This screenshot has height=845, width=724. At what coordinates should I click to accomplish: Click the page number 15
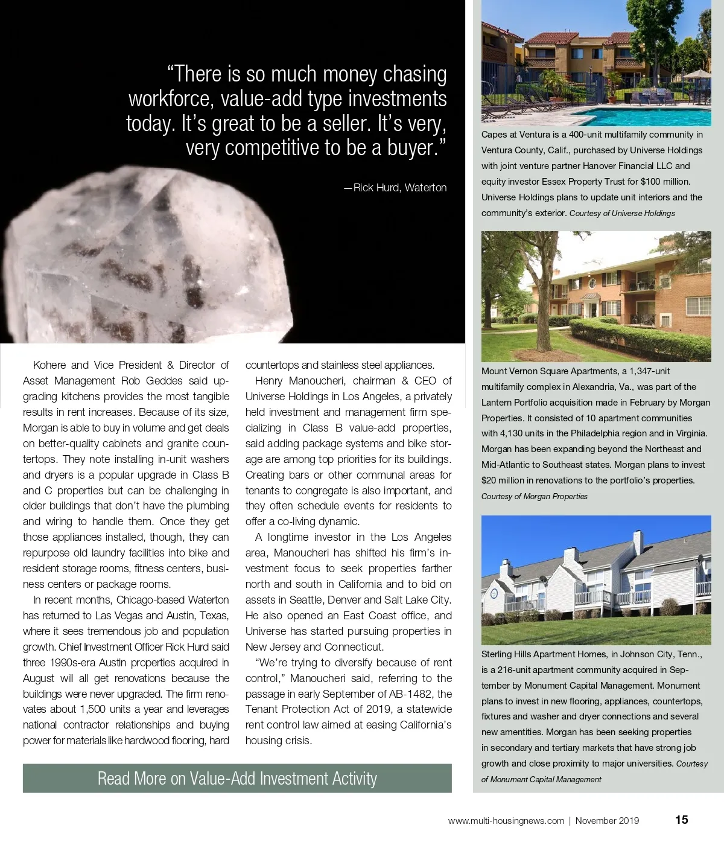681,820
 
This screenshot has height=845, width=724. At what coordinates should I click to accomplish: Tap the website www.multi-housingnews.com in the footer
506,821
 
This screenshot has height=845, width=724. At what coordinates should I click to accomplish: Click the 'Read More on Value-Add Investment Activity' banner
237,779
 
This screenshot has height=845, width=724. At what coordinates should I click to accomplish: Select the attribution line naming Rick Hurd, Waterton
396,188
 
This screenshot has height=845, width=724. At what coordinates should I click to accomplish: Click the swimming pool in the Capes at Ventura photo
634,114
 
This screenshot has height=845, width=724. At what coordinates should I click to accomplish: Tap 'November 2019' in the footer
607,821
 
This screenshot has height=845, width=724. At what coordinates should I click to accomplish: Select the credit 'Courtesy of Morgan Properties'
534,497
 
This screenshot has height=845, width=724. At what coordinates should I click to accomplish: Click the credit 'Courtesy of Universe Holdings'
622,214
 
